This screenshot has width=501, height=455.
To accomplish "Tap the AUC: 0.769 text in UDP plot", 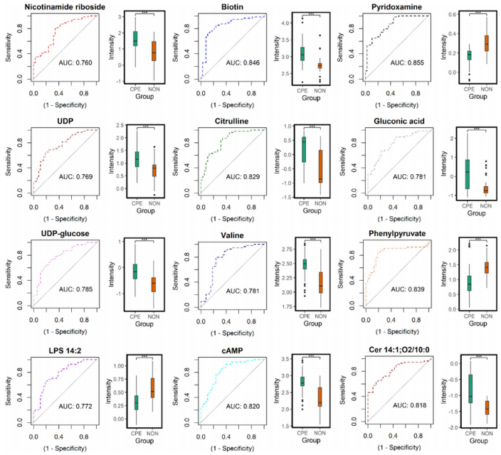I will point(78,176).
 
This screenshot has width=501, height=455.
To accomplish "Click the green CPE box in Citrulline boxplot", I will point(304,150).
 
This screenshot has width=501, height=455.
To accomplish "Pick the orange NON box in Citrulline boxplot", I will point(320,166).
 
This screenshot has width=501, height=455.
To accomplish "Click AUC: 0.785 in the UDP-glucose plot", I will point(79,289).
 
